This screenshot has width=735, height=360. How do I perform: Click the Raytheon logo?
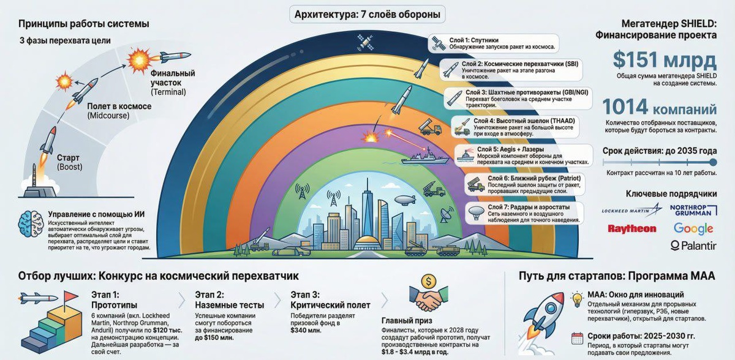point(631,229)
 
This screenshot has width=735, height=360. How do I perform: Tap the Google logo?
point(693,228)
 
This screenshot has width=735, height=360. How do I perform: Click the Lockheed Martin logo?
point(631,210)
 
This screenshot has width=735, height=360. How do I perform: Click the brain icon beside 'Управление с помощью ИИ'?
point(31,223)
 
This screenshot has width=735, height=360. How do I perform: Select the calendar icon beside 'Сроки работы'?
point(576,337)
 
